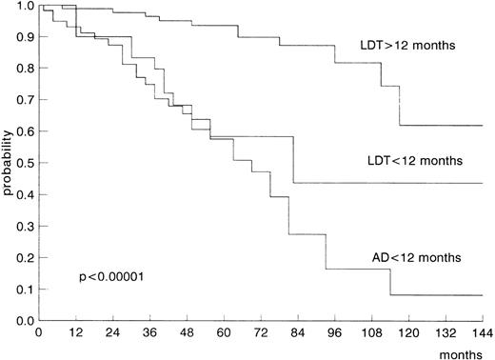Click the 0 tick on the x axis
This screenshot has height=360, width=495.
pos(38,333)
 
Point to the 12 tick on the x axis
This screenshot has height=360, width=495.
pos(75,333)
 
